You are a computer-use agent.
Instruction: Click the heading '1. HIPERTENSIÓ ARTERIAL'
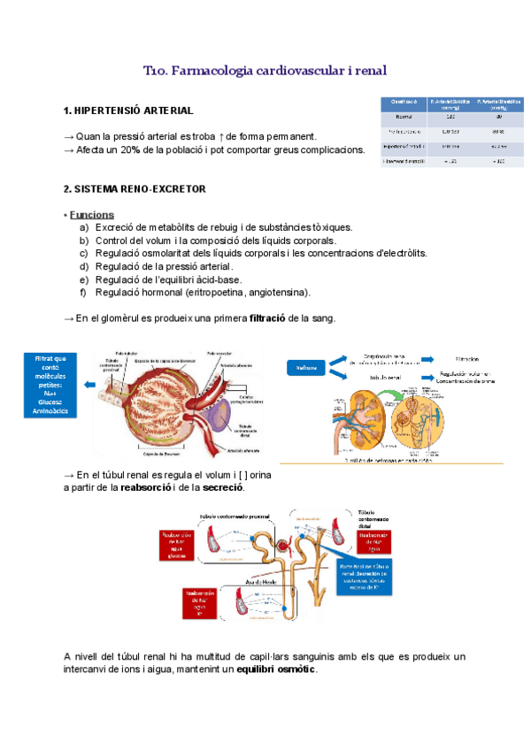128,111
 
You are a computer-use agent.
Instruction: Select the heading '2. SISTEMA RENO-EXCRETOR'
135,189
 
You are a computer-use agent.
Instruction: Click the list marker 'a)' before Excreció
84,228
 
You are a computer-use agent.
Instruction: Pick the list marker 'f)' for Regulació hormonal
83,293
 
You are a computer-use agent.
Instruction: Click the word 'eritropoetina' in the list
219,293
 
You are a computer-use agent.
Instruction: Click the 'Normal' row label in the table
404,116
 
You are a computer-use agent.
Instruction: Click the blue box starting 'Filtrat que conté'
50,384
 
